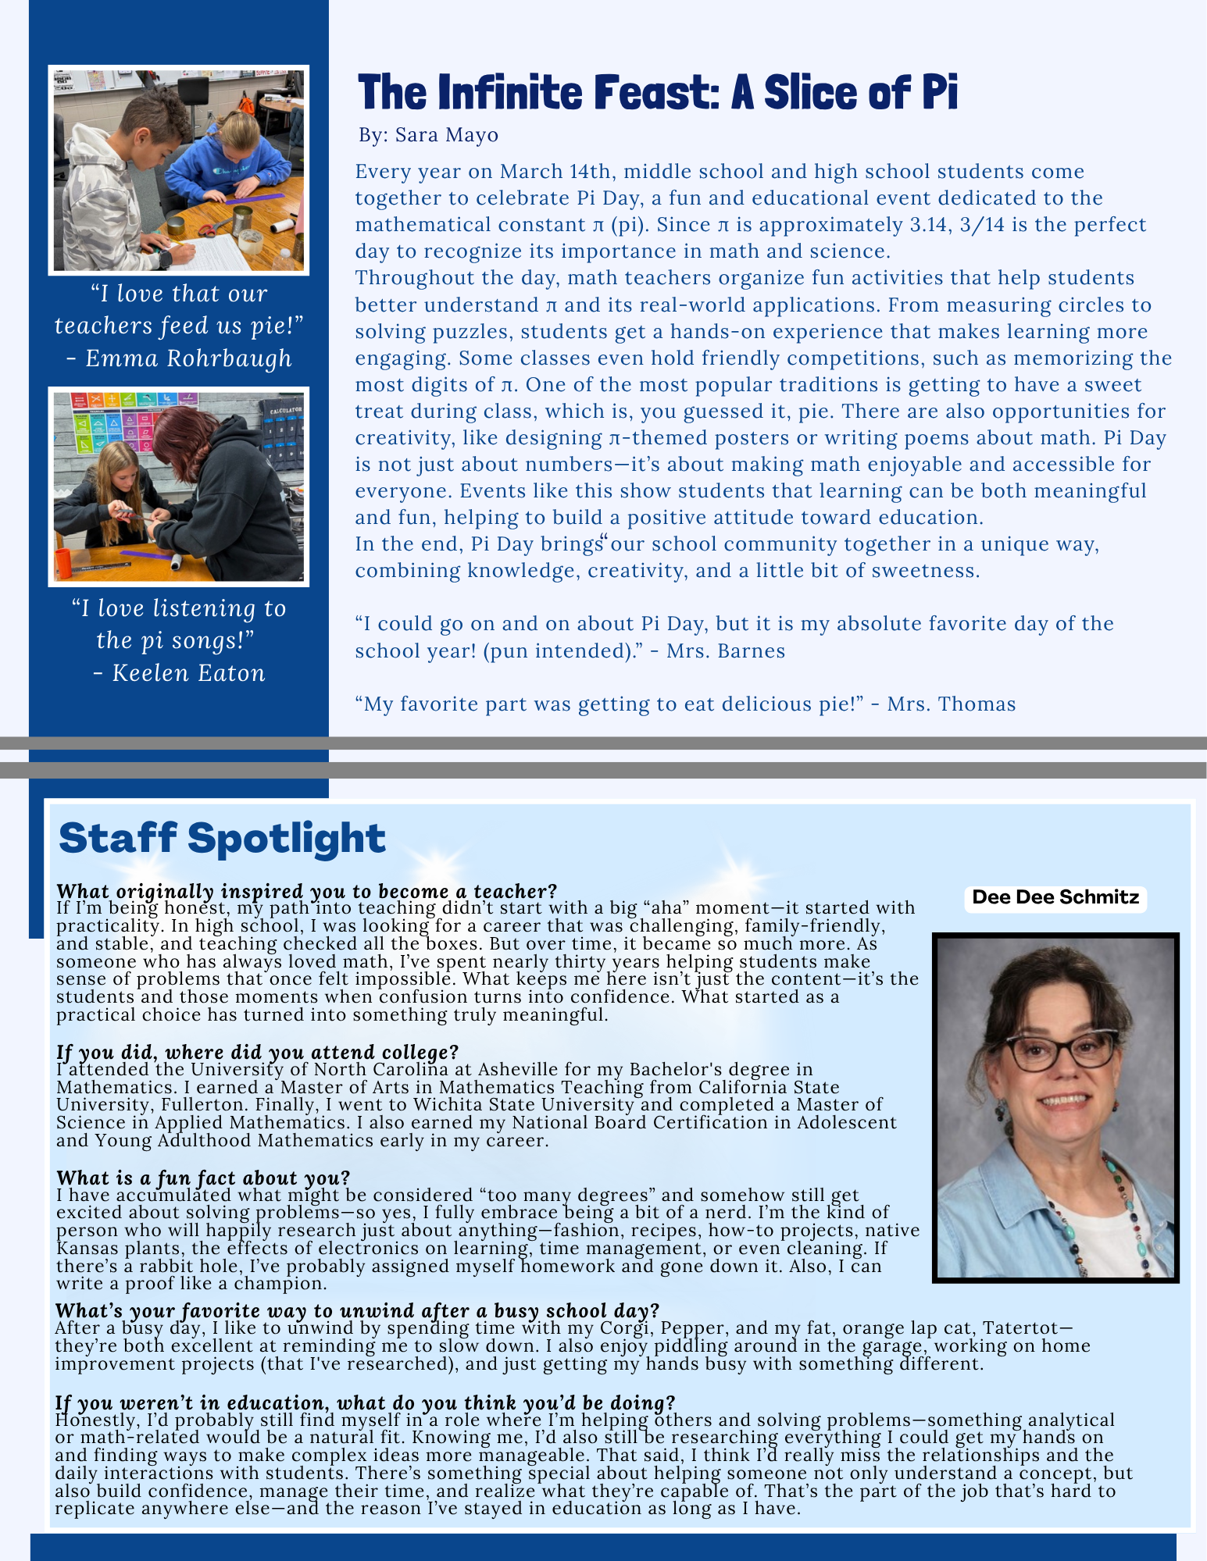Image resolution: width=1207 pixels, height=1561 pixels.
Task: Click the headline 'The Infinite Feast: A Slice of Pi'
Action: click(657, 92)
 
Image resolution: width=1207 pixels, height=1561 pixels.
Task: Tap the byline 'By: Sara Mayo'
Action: click(428, 135)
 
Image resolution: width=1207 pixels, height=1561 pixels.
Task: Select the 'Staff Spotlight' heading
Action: click(222, 838)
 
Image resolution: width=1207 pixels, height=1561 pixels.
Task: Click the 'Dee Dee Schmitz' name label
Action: click(1055, 897)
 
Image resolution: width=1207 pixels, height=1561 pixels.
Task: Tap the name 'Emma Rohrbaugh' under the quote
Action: click(188, 358)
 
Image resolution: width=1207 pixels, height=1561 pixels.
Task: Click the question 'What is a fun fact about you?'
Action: click(203, 1178)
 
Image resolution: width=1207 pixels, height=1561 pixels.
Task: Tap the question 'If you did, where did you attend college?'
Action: click(257, 1052)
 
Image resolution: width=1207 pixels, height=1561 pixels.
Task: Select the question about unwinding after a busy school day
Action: click(357, 1310)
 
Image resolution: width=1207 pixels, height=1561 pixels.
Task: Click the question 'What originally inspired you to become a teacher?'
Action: click(306, 891)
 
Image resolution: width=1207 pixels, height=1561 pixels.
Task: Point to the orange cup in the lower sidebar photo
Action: click(64, 563)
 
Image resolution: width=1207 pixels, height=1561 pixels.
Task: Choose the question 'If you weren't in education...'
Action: click(365, 1402)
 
